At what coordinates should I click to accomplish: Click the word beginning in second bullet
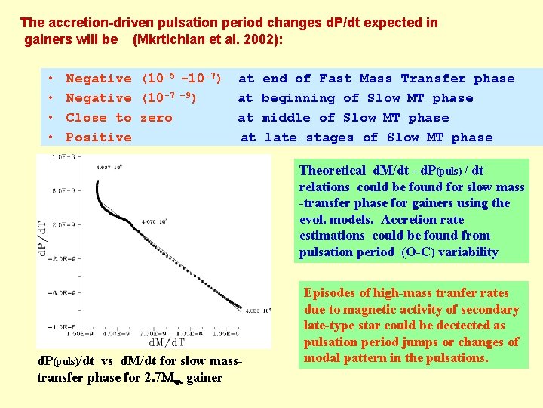click(x=297, y=98)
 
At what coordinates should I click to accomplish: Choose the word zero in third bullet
click(x=156, y=118)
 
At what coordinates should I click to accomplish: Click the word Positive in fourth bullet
click(x=99, y=138)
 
